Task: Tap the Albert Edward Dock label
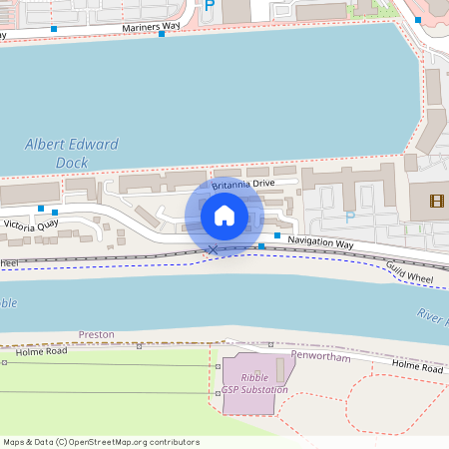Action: point(72,153)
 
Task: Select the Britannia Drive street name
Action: point(243,184)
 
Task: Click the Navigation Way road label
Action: point(321,243)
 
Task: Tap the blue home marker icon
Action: point(224,216)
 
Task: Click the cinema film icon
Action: point(436,202)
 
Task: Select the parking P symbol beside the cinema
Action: point(349,217)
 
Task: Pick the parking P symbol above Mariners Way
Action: point(209,5)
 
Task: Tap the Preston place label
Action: point(97,334)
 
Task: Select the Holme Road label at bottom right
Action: point(417,368)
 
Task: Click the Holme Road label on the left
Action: point(43,351)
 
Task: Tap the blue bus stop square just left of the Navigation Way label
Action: point(261,245)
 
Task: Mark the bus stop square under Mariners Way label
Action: point(162,34)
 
